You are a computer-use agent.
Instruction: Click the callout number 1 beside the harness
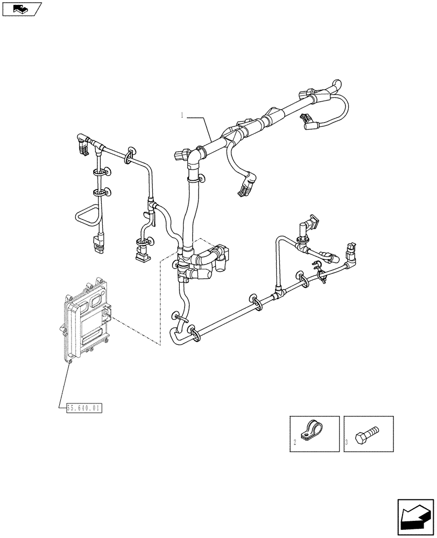tap(182, 115)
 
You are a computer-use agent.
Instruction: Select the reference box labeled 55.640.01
tap(83, 408)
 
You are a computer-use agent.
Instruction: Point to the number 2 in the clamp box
tap(295, 444)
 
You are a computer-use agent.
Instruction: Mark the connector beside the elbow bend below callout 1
tap(182, 156)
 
